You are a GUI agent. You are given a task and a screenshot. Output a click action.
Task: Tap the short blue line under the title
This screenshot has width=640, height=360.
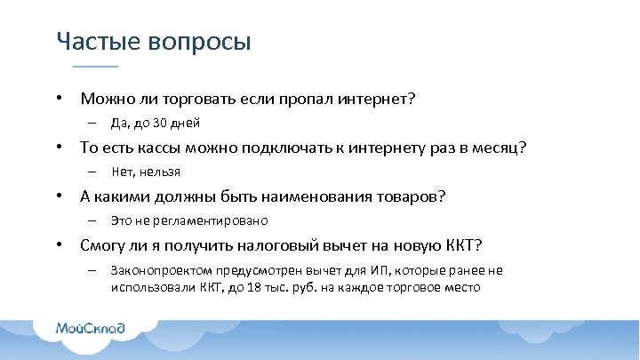94,67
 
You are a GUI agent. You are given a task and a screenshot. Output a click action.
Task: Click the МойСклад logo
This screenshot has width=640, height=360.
90,329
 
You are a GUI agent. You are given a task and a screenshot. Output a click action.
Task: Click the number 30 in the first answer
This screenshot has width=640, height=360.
161,123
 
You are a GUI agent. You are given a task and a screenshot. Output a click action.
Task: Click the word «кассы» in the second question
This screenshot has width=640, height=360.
158,148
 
